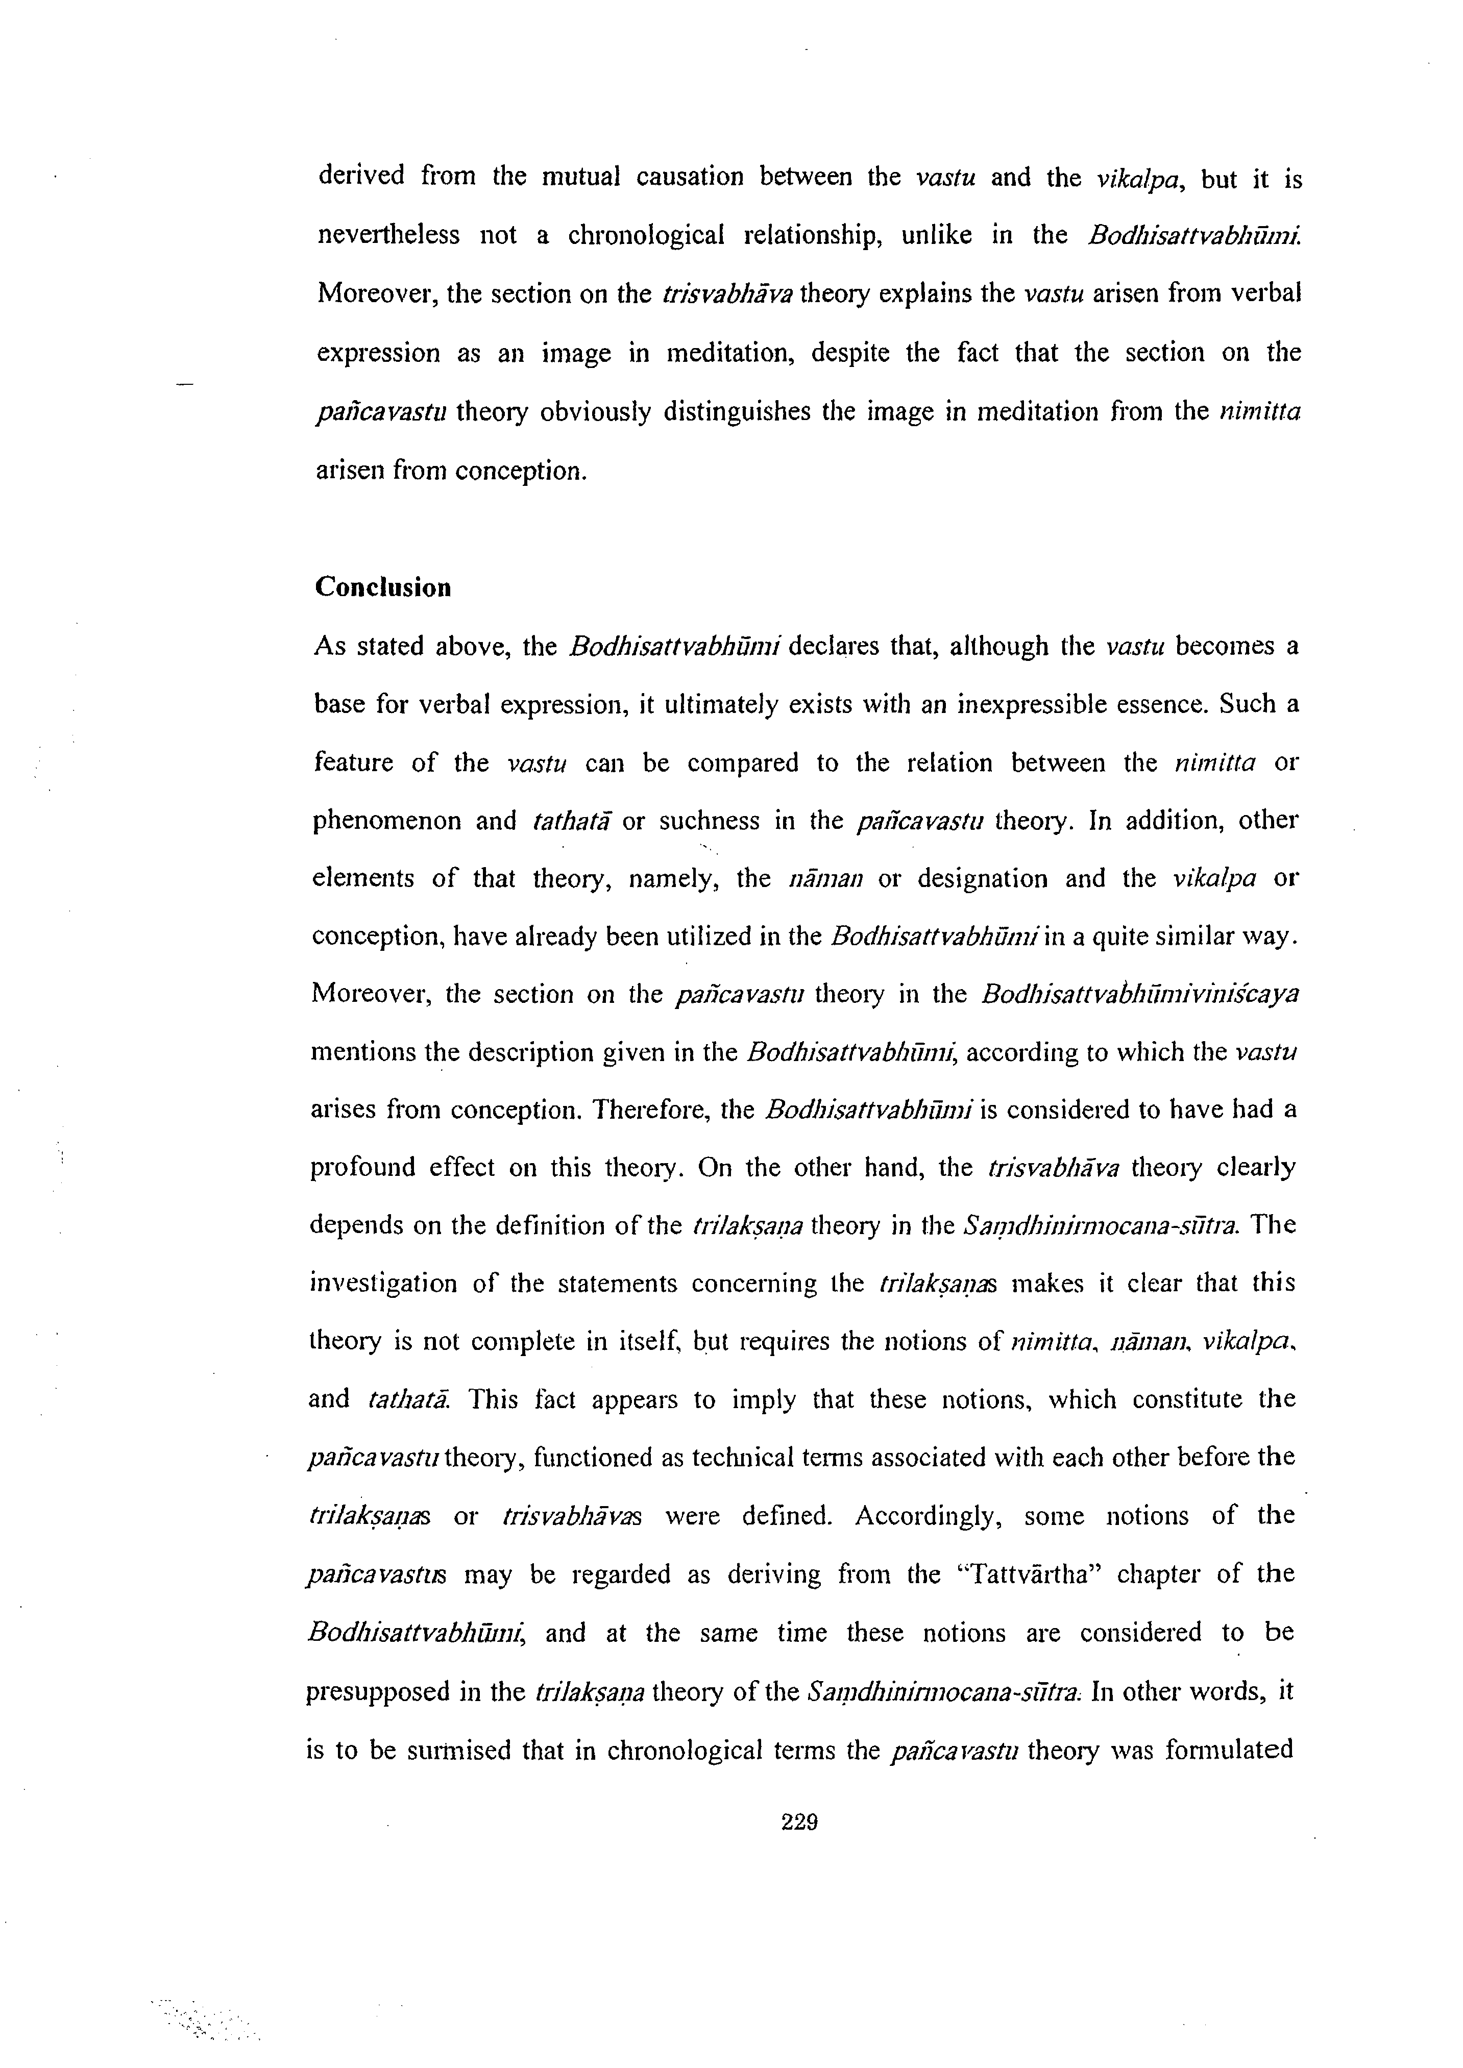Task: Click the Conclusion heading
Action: pyautogui.click(x=383, y=587)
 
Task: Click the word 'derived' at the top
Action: pyautogui.click(x=362, y=175)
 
